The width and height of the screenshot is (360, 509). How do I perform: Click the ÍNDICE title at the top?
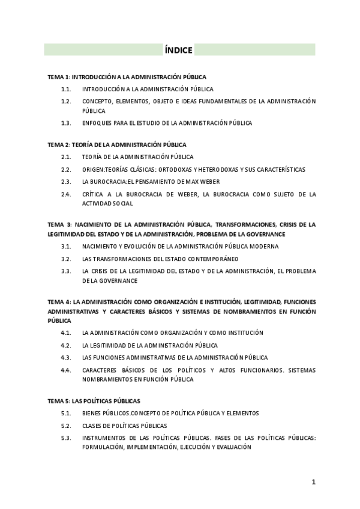[x=178, y=50]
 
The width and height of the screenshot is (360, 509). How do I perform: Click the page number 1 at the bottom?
[x=313, y=481]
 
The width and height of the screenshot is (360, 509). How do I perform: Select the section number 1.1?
[x=66, y=89]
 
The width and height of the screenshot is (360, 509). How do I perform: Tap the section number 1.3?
[x=66, y=123]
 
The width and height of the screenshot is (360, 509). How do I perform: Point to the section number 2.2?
[x=66, y=170]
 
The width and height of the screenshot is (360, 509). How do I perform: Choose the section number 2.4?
[x=66, y=194]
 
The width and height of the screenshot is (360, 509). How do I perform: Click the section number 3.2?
[x=66, y=259]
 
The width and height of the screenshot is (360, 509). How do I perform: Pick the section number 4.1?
[x=66, y=333]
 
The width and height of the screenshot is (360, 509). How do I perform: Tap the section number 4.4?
[x=66, y=370]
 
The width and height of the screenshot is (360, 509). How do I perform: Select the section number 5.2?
[x=66, y=426]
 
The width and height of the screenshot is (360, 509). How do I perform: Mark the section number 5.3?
[x=66, y=438]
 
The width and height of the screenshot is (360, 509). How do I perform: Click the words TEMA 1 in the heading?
[x=59, y=77]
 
